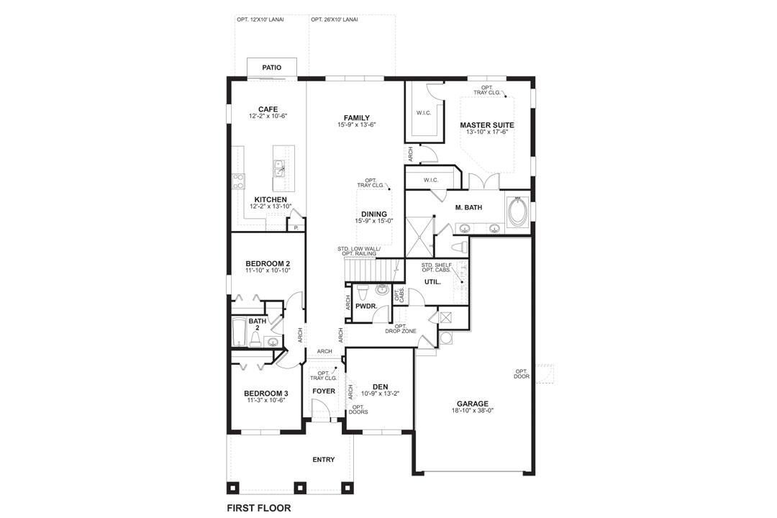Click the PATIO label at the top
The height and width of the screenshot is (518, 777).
(271, 67)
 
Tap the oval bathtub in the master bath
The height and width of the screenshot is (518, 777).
(517, 211)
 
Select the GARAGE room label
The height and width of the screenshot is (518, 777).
(472, 404)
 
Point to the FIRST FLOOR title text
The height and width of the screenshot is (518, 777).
(258, 507)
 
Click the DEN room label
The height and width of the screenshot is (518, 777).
(380, 386)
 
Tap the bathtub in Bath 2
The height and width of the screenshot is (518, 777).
(238, 332)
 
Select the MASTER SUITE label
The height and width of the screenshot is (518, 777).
(487, 124)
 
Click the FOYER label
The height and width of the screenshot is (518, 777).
(323, 391)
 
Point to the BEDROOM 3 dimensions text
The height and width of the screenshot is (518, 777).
(266, 400)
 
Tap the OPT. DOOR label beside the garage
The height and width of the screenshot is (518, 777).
(522, 374)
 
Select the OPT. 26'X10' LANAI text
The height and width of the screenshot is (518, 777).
(335, 19)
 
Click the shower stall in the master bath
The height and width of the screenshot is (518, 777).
(419, 234)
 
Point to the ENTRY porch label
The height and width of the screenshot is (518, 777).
(323, 460)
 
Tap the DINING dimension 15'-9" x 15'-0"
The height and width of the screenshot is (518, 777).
(374, 221)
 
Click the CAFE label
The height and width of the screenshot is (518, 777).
(268, 109)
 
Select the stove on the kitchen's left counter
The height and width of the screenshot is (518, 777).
(237, 181)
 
